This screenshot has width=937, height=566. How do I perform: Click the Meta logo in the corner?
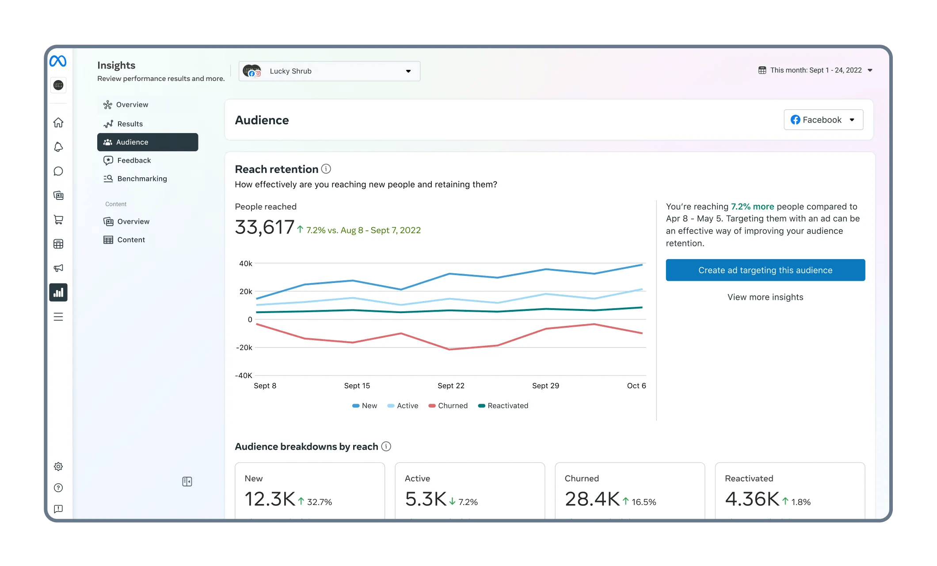pyautogui.click(x=58, y=61)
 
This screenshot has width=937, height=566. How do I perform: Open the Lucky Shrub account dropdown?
pyautogui.click(x=329, y=71)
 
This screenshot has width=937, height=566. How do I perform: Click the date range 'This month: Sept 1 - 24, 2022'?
pyautogui.click(x=815, y=70)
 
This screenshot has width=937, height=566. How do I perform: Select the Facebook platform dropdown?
pyautogui.click(x=823, y=120)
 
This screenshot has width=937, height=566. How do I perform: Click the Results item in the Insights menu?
pyautogui.click(x=130, y=124)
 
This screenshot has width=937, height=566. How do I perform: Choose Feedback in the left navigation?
pyautogui.click(x=133, y=161)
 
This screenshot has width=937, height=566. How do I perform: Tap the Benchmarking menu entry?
pyautogui.click(x=141, y=179)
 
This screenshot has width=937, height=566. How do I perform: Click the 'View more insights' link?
pyautogui.click(x=765, y=297)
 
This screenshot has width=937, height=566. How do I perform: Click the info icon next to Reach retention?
pyautogui.click(x=326, y=169)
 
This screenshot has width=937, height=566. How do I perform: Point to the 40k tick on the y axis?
pyautogui.click(x=245, y=264)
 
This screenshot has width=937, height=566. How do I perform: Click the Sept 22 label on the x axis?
pyautogui.click(x=451, y=386)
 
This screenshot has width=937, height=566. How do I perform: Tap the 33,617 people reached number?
pyautogui.click(x=264, y=228)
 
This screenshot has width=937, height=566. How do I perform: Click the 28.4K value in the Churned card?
pyautogui.click(x=592, y=499)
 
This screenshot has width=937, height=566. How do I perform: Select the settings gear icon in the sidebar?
pyautogui.click(x=58, y=467)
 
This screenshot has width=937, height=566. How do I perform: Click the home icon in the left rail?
pyautogui.click(x=58, y=122)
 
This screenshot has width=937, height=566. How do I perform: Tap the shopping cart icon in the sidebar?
pyautogui.click(x=58, y=220)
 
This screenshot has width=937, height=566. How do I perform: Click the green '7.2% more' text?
pyautogui.click(x=752, y=207)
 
